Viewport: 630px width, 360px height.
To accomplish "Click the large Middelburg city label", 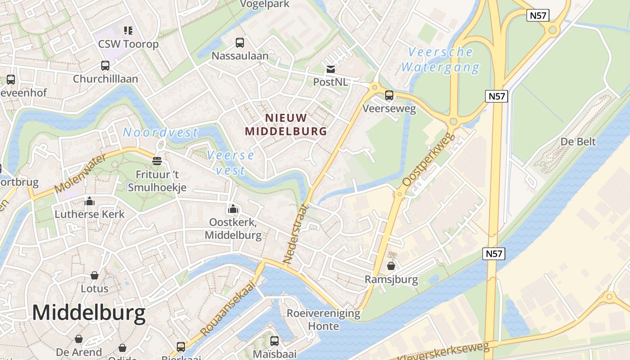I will [89, 313].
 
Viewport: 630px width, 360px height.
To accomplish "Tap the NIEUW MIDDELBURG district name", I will [286, 125].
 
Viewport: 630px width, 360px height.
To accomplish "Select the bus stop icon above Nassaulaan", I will [240, 43].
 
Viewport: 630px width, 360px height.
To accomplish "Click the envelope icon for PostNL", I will [331, 69].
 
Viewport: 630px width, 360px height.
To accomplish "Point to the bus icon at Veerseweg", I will [389, 95].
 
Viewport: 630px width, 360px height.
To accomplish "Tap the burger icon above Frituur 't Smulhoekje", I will [157, 161].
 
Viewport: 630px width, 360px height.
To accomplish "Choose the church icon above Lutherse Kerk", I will [90, 201].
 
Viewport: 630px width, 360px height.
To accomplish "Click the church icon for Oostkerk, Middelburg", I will [233, 209].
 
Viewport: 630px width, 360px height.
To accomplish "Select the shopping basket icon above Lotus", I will [94, 275].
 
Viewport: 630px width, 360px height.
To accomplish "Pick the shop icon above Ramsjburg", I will [391, 266].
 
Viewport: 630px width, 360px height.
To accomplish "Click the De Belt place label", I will [578, 142].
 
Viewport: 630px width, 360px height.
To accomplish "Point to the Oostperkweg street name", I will [428, 160].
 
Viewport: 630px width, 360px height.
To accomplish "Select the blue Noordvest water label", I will [160, 132].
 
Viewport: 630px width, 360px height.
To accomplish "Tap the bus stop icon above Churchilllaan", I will [105, 66].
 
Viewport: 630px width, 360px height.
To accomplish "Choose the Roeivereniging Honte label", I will [324, 319].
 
